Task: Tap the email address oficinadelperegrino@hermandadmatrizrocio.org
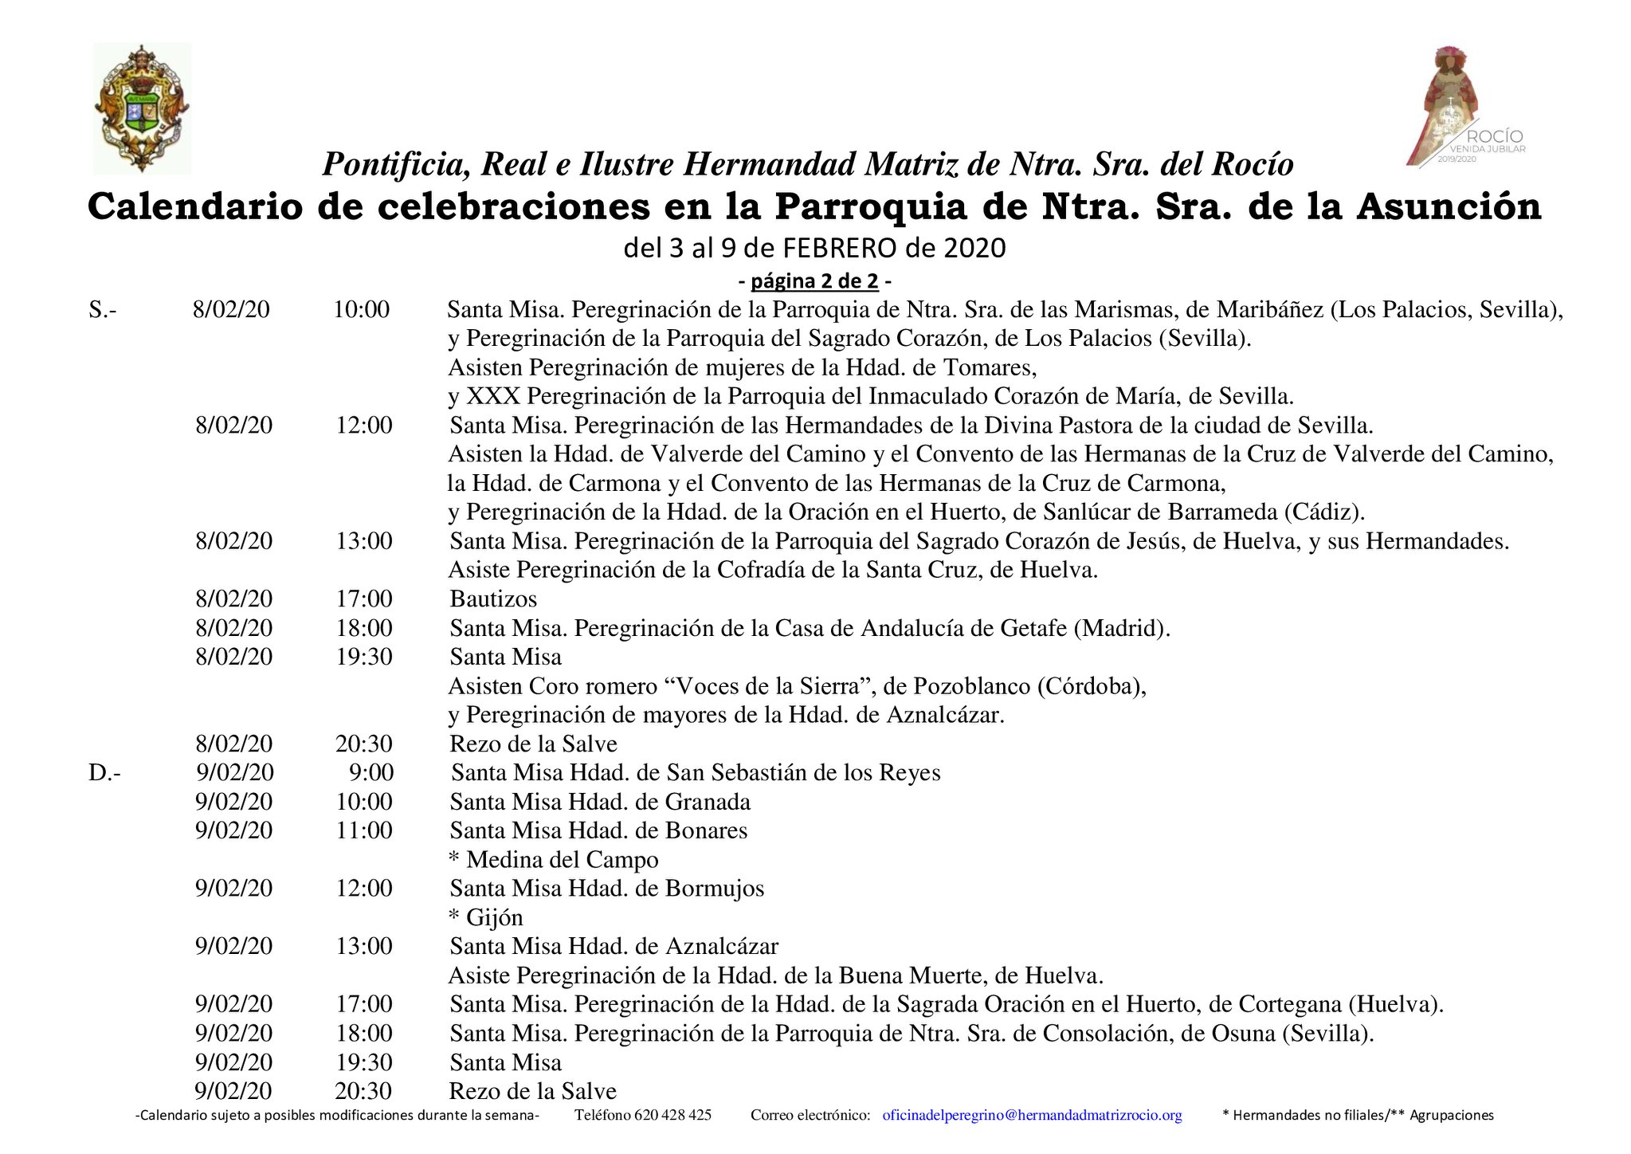1032,1115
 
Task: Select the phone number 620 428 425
672,1115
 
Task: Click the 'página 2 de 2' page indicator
814,281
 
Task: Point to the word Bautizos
493,599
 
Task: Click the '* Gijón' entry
486,917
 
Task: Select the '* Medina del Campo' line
554,859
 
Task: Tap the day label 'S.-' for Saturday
103,309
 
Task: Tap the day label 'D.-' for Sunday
104,772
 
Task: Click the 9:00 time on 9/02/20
371,772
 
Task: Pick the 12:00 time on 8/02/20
364,425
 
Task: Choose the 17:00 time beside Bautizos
364,599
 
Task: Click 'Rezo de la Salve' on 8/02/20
533,744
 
